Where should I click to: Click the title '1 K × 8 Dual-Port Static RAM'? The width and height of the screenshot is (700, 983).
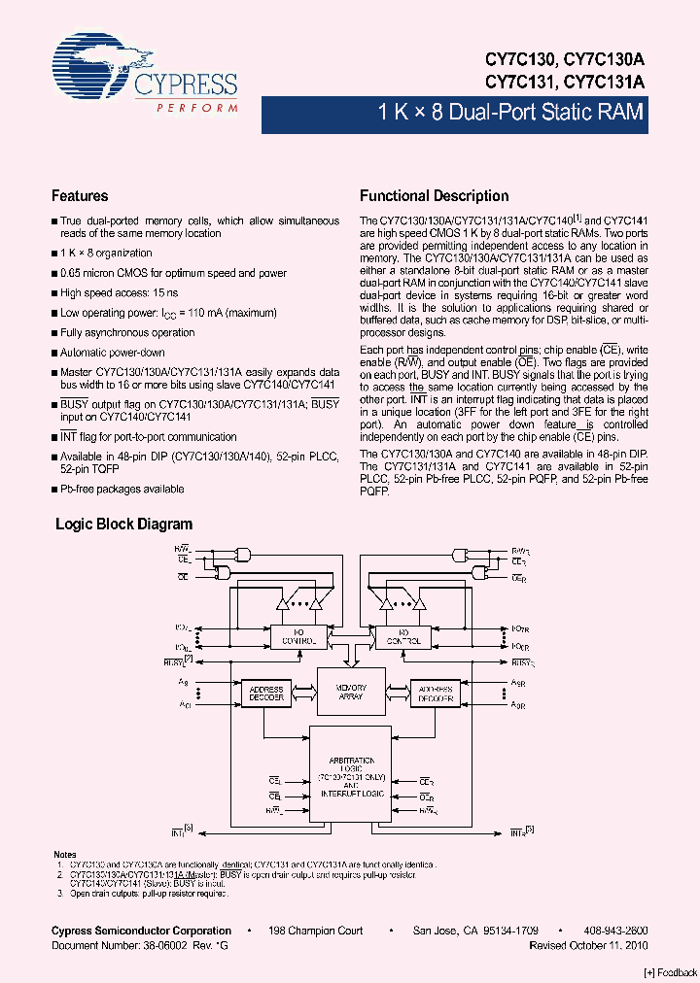[510, 113]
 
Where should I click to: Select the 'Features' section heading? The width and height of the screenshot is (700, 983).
[80, 195]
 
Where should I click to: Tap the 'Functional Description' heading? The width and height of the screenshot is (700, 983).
[434, 195]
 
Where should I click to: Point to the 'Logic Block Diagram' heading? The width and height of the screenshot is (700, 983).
[123, 524]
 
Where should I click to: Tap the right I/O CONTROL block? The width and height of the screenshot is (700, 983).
[402, 637]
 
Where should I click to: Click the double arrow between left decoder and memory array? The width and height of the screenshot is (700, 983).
[302, 692]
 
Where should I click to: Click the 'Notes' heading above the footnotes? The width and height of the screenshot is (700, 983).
[64, 854]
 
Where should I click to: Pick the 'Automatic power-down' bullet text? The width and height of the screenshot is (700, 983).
[113, 353]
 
